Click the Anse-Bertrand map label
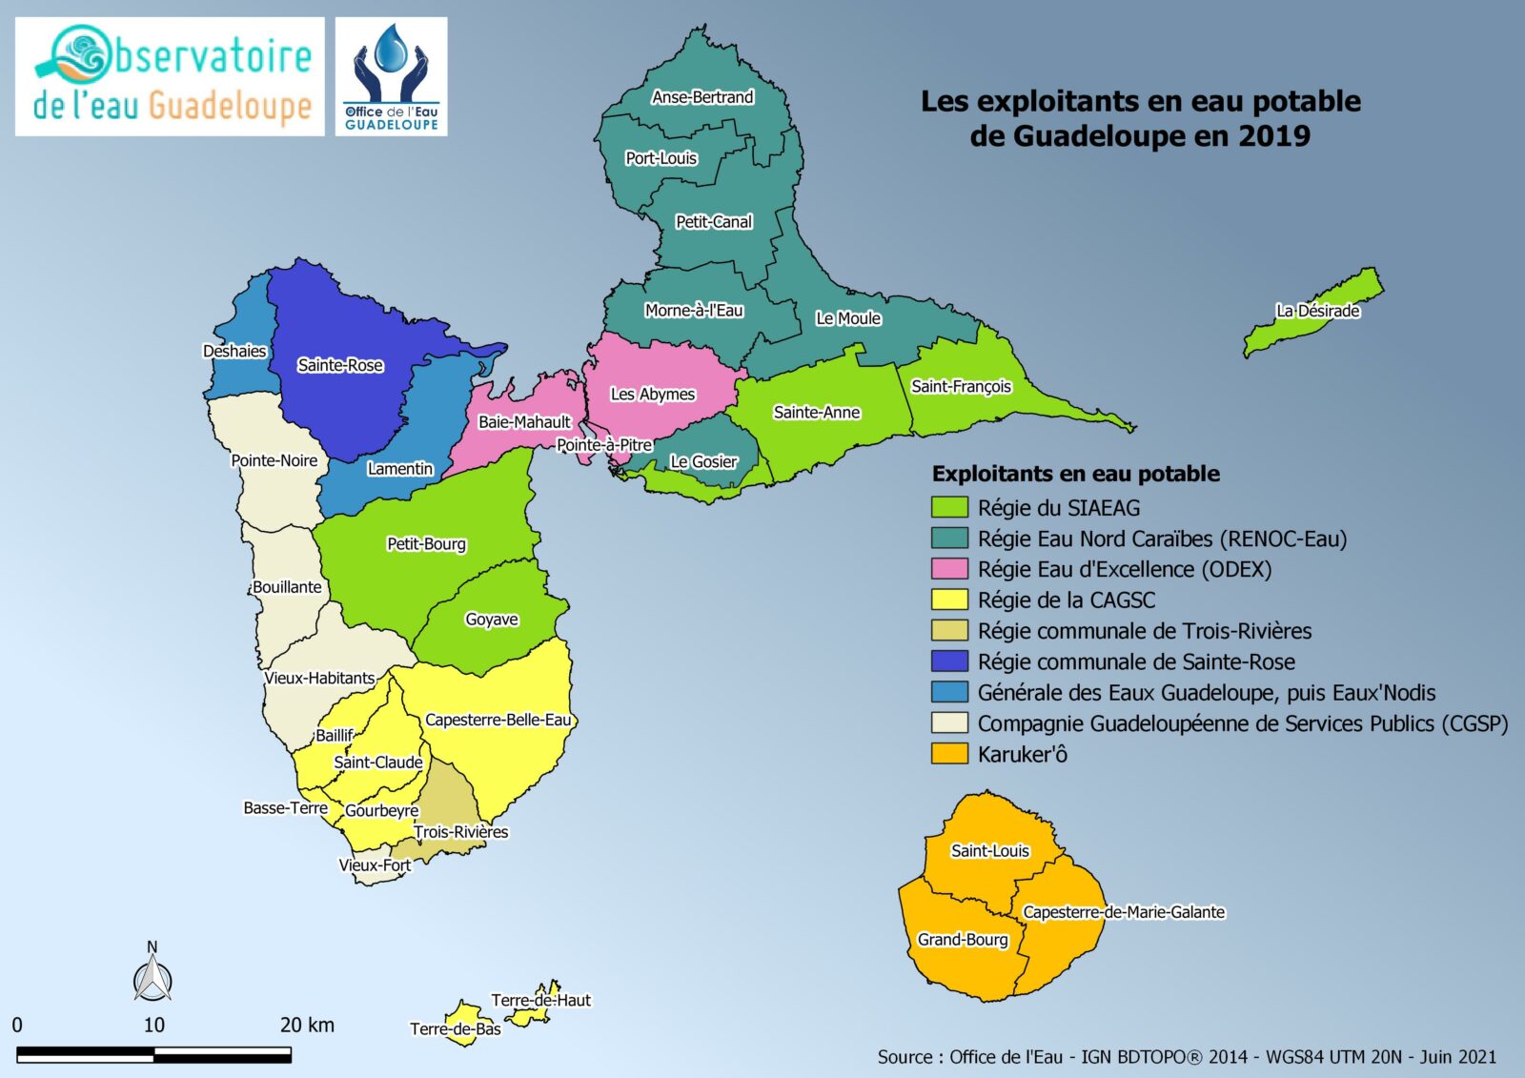pyautogui.click(x=702, y=97)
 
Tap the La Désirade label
pyautogui.click(x=1317, y=311)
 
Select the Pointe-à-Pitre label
pyautogui.click(x=604, y=445)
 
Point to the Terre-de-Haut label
pyautogui.click(x=540, y=1000)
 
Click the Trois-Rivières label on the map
pyautogui.click(x=461, y=832)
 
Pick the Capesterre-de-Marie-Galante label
pyautogui.click(x=1124, y=912)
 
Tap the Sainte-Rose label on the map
pyautogui.click(x=340, y=365)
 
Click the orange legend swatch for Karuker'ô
pyautogui.click(x=949, y=754)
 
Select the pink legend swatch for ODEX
pyautogui.click(x=949, y=569)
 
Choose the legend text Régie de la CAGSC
pyautogui.click(x=1066, y=600)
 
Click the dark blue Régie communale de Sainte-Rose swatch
pyautogui.click(x=949, y=661)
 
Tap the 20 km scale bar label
pyautogui.click(x=307, y=1026)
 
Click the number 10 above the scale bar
pyautogui.click(x=154, y=1026)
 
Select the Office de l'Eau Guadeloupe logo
pyautogui.click(x=391, y=76)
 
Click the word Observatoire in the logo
pyautogui.click(x=212, y=57)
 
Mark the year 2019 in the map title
pyautogui.click(x=1273, y=136)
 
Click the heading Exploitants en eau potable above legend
pyautogui.click(x=1075, y=474)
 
